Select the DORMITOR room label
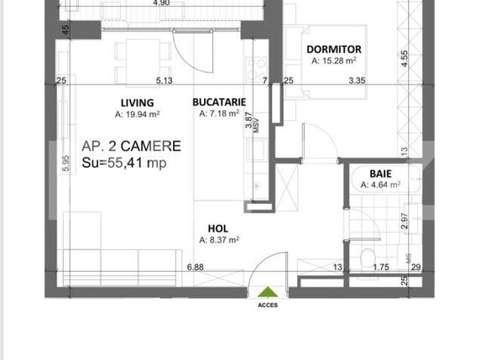pos(334,50)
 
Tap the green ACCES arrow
pos(268,292)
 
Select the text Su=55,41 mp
pos(123,164)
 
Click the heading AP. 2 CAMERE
pos(131,146)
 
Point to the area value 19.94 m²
pos(139,113)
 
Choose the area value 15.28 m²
pos(334,60)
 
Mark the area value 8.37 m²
pos(219,239)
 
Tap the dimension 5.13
pos(164,81)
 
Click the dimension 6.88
pos(196,268)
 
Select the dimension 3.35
pos(359,81)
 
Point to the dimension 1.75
pos(380,268)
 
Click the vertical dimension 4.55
pos(405,59)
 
